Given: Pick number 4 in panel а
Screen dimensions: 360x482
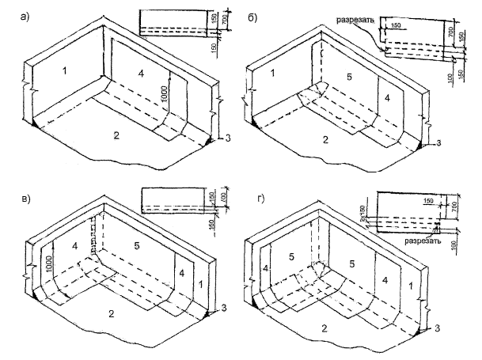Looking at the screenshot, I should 141,73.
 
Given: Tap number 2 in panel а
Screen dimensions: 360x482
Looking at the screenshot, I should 116,136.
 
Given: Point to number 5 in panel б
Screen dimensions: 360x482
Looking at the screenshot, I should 349,78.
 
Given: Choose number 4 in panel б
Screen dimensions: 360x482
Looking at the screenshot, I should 387,97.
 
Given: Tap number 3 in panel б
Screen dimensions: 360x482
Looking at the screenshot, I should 438,143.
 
